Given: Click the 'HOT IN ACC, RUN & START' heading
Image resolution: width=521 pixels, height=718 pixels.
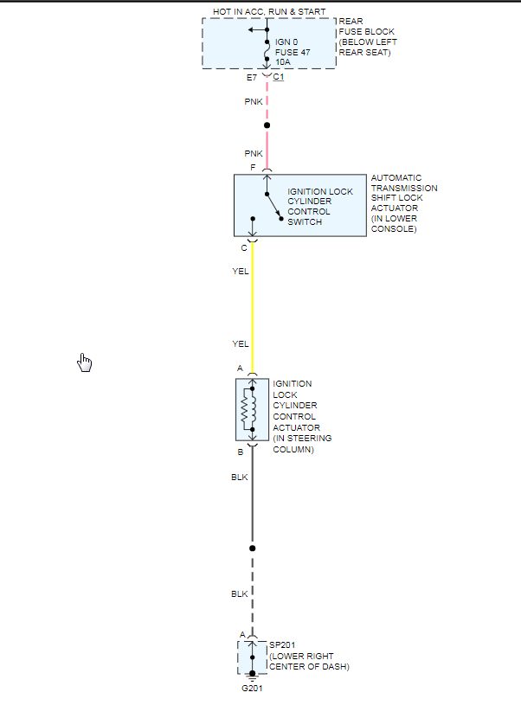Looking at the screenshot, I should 269,10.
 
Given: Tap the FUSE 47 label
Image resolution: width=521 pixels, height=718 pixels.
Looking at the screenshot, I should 293,52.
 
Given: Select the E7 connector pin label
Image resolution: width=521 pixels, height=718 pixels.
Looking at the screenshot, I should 251,78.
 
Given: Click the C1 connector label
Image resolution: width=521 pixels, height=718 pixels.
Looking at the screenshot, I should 279,78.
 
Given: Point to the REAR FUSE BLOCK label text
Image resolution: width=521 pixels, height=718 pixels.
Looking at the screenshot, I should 368,37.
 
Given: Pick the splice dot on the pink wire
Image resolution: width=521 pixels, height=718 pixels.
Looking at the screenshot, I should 267,125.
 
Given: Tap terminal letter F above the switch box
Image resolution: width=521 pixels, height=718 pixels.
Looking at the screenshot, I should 253,167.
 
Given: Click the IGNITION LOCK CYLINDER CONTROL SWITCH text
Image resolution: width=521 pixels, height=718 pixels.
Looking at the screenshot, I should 319,207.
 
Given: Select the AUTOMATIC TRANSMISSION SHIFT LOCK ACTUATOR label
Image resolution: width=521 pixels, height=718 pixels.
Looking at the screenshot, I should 403,203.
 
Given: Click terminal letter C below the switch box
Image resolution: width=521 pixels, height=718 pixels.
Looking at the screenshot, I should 244,248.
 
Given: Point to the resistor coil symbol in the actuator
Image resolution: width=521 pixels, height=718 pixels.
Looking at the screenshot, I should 245,409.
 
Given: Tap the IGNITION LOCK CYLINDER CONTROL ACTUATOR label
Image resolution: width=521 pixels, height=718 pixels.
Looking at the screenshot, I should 301,416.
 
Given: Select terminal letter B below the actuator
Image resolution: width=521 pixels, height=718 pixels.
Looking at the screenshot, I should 241,452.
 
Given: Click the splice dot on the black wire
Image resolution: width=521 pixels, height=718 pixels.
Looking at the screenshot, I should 253,548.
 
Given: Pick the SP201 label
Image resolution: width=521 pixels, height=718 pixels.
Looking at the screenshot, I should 282,645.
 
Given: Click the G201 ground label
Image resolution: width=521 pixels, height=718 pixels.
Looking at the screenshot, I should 253,689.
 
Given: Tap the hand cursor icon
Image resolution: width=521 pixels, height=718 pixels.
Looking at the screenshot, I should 85,362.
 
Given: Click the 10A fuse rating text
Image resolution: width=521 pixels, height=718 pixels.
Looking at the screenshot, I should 283,62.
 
